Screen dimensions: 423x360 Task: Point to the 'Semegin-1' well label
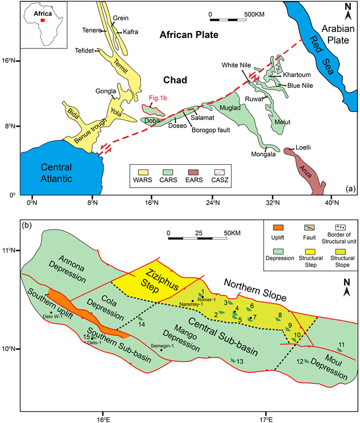[163, 345]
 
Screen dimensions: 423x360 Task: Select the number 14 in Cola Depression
[142, 325]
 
